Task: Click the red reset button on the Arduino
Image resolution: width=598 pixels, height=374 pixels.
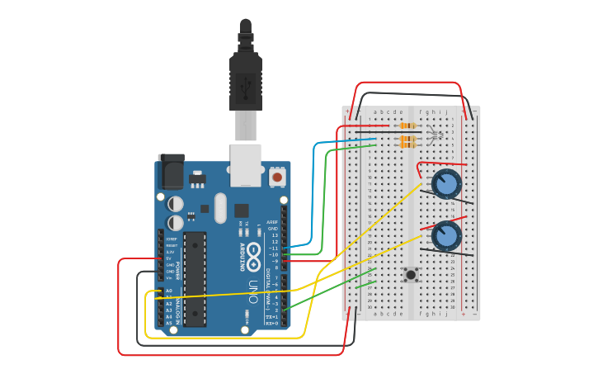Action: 277,177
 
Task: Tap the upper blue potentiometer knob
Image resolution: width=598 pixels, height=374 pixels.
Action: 446,184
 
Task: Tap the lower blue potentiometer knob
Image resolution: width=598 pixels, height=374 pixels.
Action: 446,235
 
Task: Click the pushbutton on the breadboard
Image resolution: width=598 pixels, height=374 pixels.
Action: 409,275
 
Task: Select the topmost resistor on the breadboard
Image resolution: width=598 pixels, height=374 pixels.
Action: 407,125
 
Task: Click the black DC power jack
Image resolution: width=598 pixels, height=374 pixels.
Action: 172,172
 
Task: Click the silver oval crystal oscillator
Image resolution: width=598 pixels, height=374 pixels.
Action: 219,208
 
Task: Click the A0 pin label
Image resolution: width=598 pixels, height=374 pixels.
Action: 168,291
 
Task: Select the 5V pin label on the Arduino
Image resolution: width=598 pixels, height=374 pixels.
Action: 169,258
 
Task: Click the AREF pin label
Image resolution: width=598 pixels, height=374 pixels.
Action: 272,222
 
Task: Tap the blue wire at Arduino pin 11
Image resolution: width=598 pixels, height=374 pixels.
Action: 301,246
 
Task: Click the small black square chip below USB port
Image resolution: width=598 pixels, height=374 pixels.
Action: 241,211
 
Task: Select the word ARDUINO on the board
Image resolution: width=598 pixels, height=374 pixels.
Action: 242,258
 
